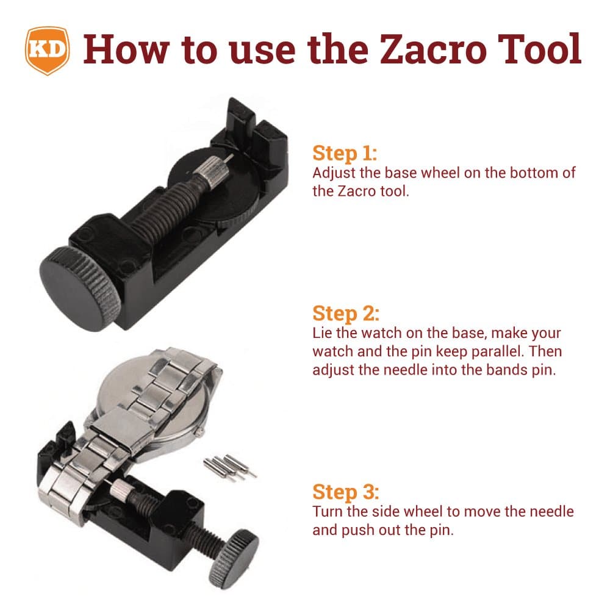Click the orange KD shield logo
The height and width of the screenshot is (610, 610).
(x=48, y=51)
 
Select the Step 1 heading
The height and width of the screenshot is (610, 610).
(x=345, y=153)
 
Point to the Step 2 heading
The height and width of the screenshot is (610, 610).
(x=346, y=313)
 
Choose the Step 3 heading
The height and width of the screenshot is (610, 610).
(x=346, y=491)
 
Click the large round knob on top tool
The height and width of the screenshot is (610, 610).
(x=80, y=289)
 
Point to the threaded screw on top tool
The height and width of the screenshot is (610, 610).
(x=163, y=207)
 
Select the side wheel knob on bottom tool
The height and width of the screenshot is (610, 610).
(x=234, y=559)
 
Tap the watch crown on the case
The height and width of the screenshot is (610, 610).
(x=200, y=432)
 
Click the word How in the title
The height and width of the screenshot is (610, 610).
(x=126, y=49)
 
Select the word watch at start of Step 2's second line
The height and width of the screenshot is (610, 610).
(x=332, y=351)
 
